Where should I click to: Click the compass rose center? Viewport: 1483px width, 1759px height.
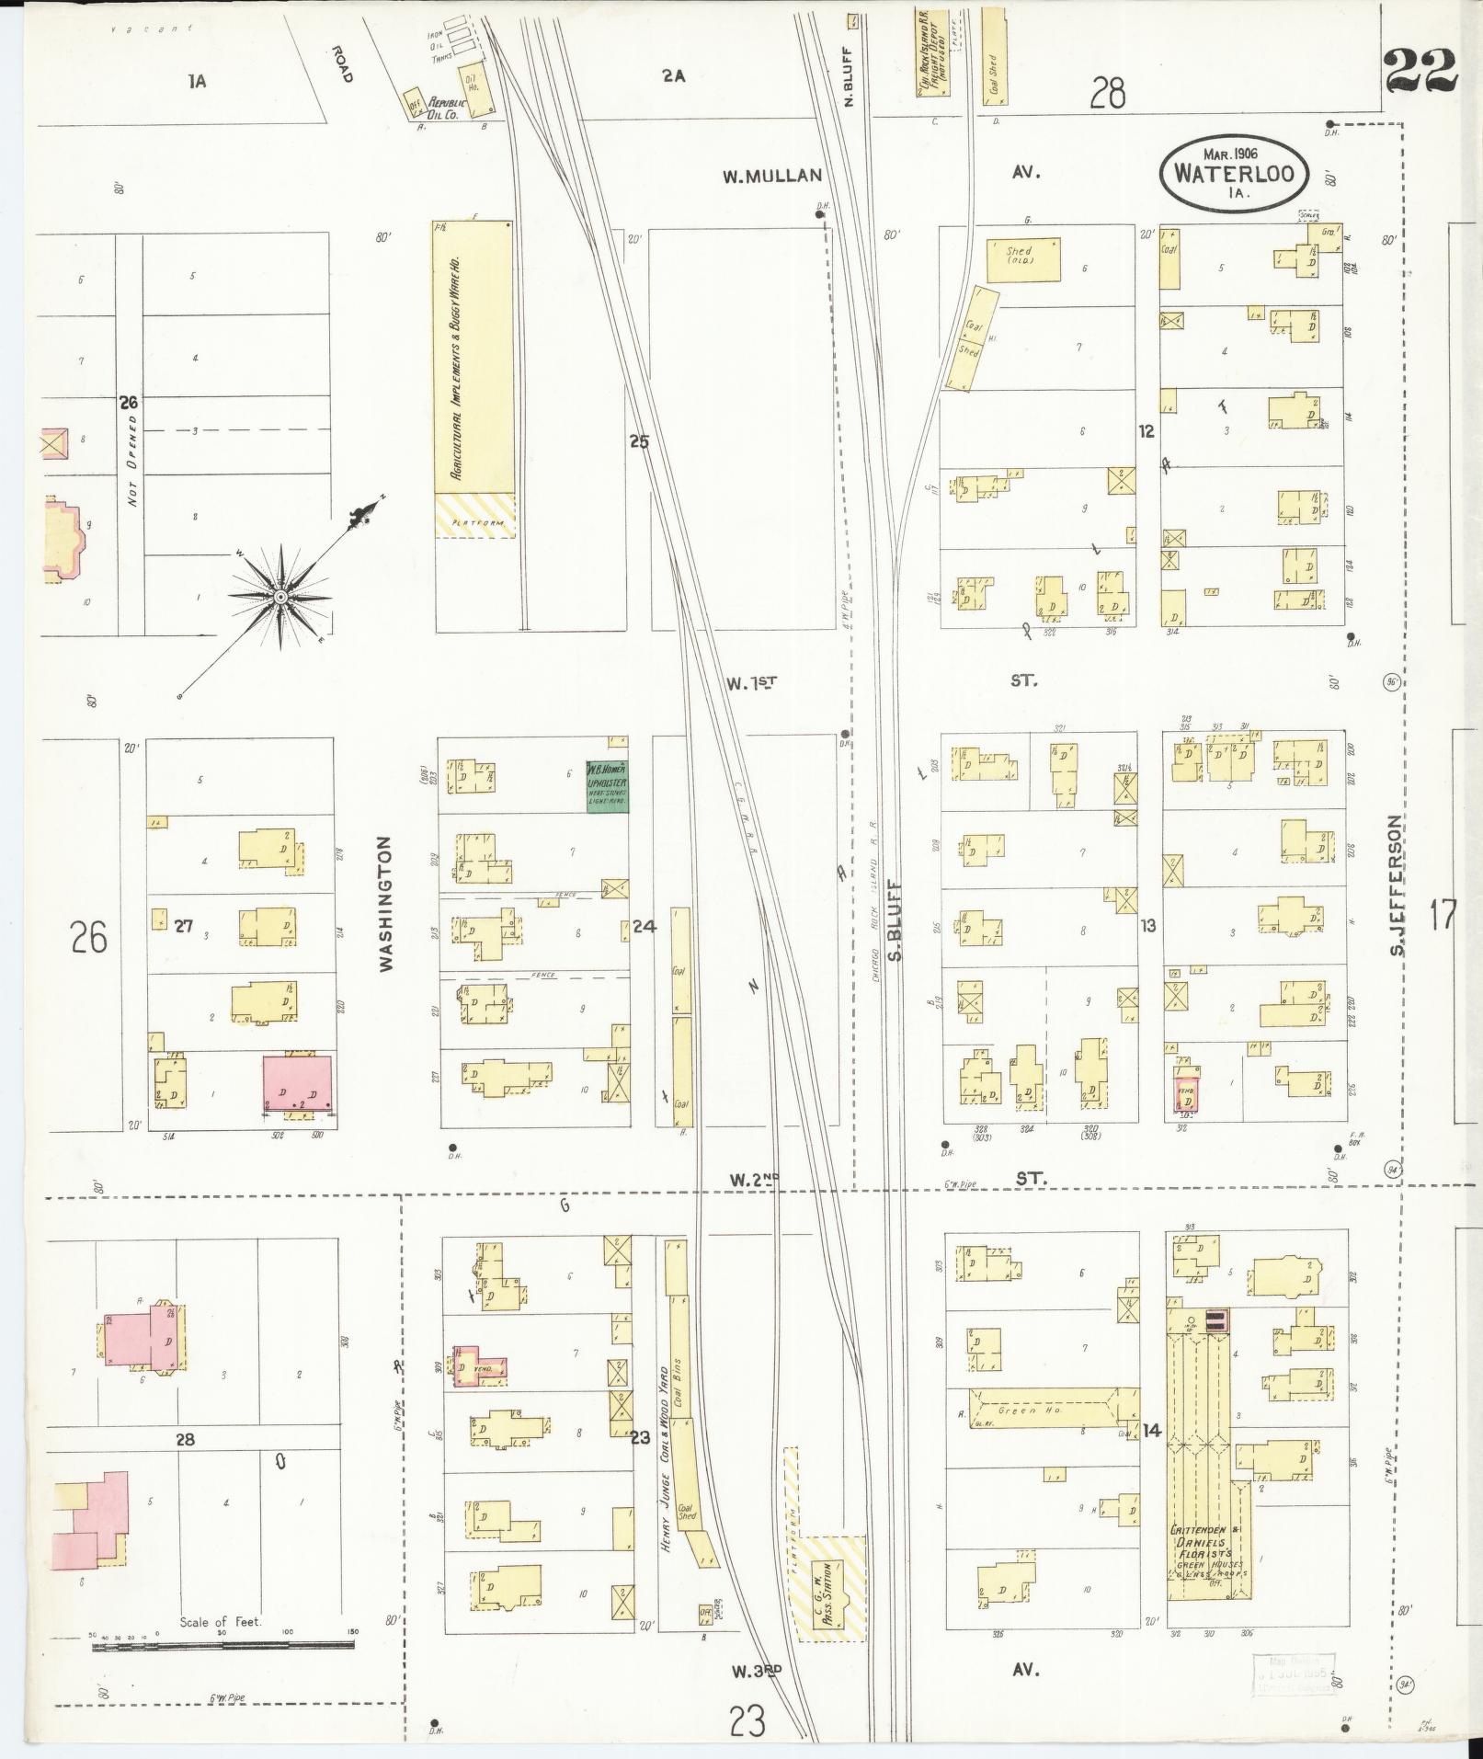tap(279, 598)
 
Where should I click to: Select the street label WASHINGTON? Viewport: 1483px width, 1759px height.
tap(385, 903)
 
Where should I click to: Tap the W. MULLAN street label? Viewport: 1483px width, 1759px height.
tap(771, 175)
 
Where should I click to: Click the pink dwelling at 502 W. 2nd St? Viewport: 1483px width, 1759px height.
tap(297, 1083)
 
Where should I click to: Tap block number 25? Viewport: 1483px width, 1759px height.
tap(639, 442)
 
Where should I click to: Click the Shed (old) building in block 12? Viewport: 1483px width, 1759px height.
tap(1022, 259)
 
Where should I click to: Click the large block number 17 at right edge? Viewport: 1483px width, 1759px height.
tap(1443, 916)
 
